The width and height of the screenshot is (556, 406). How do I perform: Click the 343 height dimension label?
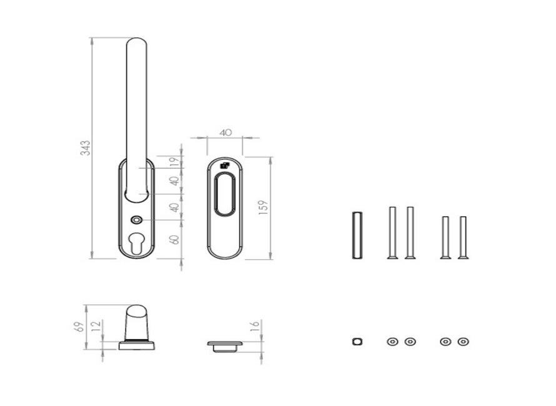(x=86, y=148)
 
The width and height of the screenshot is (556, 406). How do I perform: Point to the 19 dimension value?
(x=174, y=162)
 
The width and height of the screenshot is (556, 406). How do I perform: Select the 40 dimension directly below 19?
(x=174, y=181)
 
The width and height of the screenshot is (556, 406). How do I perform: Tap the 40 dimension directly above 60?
(x=174, y=207)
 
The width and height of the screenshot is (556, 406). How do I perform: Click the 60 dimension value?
(x=174, y=239)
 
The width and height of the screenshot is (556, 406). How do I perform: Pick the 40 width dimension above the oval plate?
(x=226, y=132)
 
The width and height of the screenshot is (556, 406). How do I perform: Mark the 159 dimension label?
(x=264, y=207)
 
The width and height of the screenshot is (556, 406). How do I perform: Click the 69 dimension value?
(x=80, y=327)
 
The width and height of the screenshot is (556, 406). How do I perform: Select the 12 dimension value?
(x=96, y=326)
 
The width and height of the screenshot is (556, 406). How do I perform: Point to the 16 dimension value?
(x=255, y=326)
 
